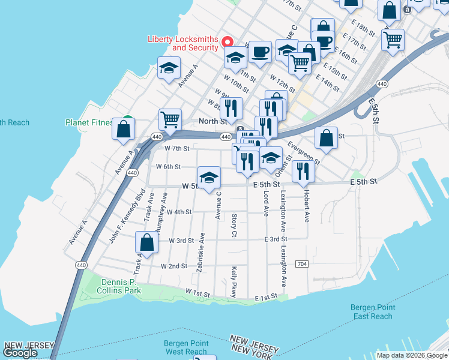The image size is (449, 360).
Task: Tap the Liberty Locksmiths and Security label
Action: pyautogui.click(x=183, y=44)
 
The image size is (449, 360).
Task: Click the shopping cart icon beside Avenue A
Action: pyautogui.click(x=170, y=119)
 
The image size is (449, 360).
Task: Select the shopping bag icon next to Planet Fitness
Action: pyautogui.click(x=124, y=129)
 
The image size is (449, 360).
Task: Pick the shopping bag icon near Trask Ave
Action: pyautogui.click(x=147, y=242)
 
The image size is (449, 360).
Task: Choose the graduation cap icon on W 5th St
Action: pyautogui.click(x=209, y=178)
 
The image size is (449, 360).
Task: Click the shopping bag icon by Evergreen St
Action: pyautogui.click(x=326, y=138)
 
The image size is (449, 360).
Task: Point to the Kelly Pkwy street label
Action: pyautogui.click(x=234, y=282)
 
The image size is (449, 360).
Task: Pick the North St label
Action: pyautogui.click(x=212, y=121)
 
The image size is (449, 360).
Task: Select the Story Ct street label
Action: pyautogui.click(x=234, y=224)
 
